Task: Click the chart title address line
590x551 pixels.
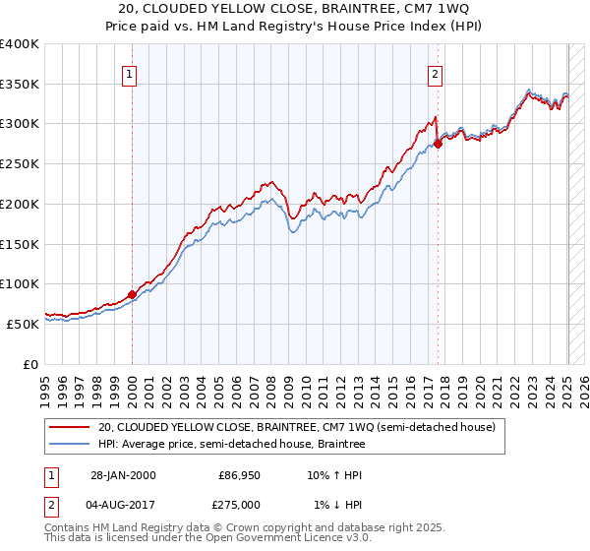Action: pyautogui.click(x=295, y=8)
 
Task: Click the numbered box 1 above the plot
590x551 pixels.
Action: pyautogui.click(x=131, y=72)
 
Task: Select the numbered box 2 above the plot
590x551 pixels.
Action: pyautogui.click(x=435, y=72)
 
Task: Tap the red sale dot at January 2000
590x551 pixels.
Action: pyautogui.click(x=132, y=294)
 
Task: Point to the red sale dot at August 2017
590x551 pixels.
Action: pyautogui.click(x=438, y=144)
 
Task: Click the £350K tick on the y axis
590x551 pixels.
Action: pyautogui.click(x=21, y=85)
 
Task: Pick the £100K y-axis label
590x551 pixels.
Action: pyautogui.click(x=21, y=283)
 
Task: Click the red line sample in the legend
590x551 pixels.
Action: pyautogui.click(x=71, y=427)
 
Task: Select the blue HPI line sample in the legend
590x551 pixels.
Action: pyautogui.click(x=71, y=445)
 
